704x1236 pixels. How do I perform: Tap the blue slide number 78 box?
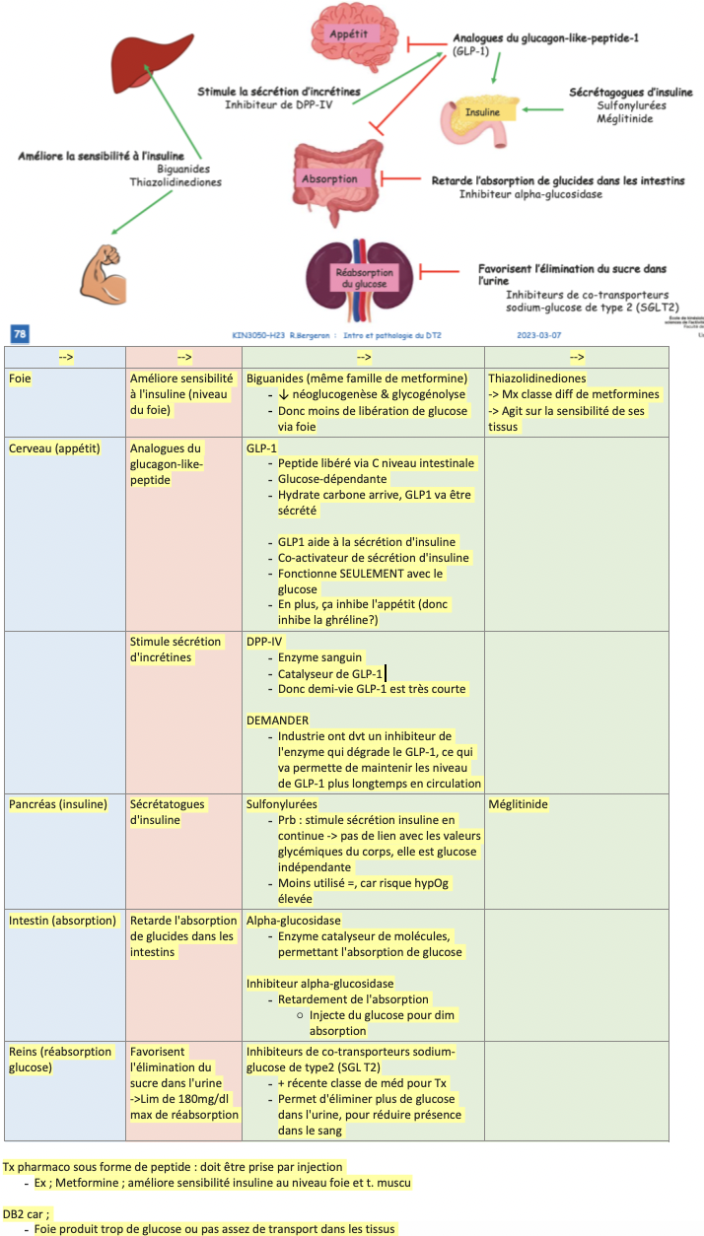click(20, 335)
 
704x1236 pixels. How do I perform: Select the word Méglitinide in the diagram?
click(624, 118)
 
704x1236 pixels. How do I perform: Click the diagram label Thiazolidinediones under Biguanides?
click(176, 181)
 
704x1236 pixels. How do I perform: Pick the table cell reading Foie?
click(19, 378)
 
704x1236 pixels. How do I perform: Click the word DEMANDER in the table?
click(276, 720)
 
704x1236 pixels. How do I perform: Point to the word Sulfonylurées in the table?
click(282, 804)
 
